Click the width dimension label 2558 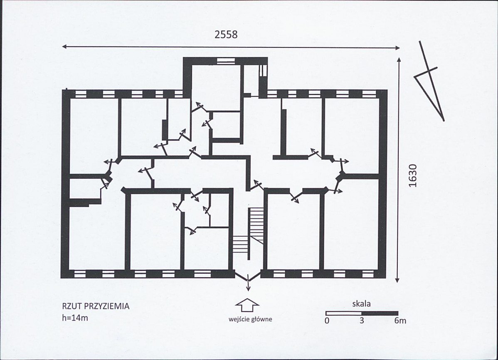pos(226,35)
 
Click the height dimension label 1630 pos(412,175)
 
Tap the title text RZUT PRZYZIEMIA pos(96,306)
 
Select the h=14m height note pos(75,318)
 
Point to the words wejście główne pos(250,319)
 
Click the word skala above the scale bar pos(361,304)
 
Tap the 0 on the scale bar pos(327,320)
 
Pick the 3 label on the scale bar pos(362,320)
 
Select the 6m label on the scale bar pos(400,320)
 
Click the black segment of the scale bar pos(380,313)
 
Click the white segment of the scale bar pos(344,313)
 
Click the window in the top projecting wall pos(225,61)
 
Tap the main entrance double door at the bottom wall pos(248,276)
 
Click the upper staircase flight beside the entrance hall pos(256,226)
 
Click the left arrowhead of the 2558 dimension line pos(64,47)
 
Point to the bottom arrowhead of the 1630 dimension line pos(397,280)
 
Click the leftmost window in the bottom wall pos(80,274)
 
